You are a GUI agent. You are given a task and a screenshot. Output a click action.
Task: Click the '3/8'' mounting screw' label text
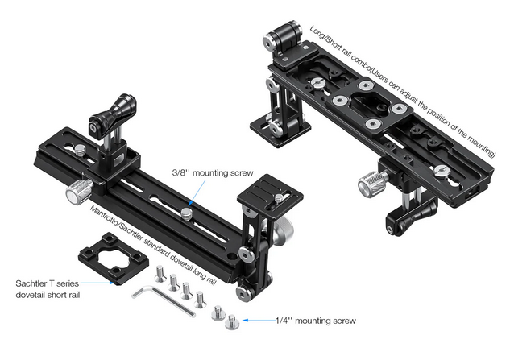(x=213, y=172)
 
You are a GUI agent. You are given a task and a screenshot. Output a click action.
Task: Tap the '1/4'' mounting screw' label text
(x=316, y=321)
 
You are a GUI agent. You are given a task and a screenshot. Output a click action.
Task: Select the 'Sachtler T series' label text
(x=48, y=283)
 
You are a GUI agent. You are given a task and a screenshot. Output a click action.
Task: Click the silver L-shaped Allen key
(x=163, y=300)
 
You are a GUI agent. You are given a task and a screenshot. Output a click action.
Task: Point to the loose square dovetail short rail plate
(x=114, y=259)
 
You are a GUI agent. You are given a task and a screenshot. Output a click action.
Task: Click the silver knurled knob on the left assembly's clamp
(x=79, y=192)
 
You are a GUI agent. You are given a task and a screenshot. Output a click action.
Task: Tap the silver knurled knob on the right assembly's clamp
(x=372, y=184)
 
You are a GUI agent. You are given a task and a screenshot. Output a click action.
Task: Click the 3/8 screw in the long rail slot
(x=186, y=213)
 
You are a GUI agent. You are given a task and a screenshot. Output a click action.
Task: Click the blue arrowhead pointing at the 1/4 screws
(x=246, y=321)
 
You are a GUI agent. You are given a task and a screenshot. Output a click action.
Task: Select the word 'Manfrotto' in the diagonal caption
(x=102, y=217)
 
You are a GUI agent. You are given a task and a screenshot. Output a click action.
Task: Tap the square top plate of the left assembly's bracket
(x=270, y=192)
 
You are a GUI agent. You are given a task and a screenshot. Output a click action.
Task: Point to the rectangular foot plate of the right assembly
(x=280, y=129)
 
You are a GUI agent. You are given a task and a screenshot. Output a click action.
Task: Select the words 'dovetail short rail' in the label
(x=48, y=295)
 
